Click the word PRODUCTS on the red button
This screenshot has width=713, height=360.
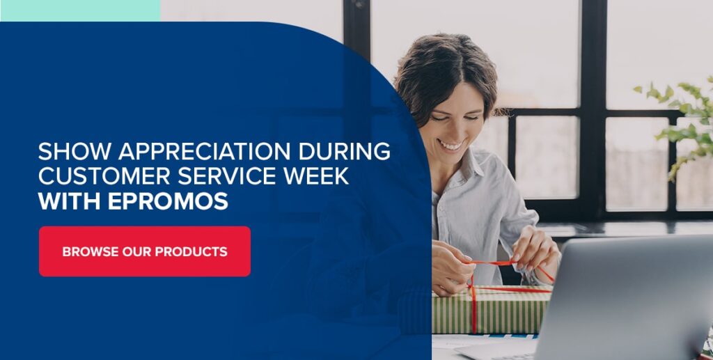coord(191,251)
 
